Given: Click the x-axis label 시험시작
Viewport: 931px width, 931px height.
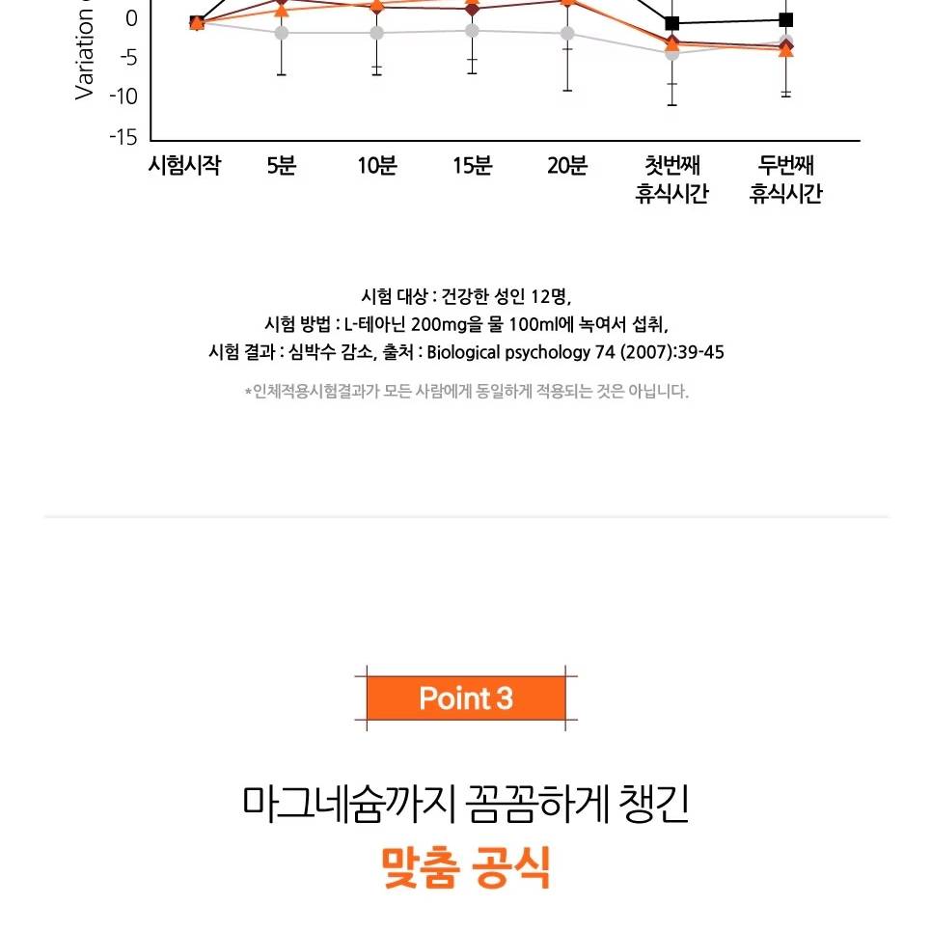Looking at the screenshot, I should coord(184,166).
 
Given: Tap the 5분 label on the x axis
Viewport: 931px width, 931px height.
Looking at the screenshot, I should coord(282,166).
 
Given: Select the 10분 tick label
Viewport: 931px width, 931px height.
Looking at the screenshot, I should coord(377,166).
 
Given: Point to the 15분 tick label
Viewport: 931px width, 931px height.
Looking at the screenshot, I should coord(473,166).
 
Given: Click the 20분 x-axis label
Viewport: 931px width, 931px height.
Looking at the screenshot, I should coord(567,166).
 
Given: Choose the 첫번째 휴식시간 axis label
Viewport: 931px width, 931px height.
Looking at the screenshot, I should coord(672,180).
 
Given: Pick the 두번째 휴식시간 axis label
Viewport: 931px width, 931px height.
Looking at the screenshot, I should coord(786,180).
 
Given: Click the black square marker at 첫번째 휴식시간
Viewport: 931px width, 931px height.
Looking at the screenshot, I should coord(672,23).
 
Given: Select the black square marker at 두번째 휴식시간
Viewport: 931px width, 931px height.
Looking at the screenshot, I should coord(786,19).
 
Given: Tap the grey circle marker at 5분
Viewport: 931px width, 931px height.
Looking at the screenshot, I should coord(282,33).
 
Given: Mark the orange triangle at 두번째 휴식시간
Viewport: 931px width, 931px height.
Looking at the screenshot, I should coord(786,50).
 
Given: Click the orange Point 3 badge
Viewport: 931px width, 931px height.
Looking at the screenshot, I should coord(466,698).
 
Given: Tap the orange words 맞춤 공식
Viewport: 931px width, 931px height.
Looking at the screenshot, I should coord(466,866).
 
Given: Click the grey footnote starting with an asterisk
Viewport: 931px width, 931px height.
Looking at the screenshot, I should coord(466,392).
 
